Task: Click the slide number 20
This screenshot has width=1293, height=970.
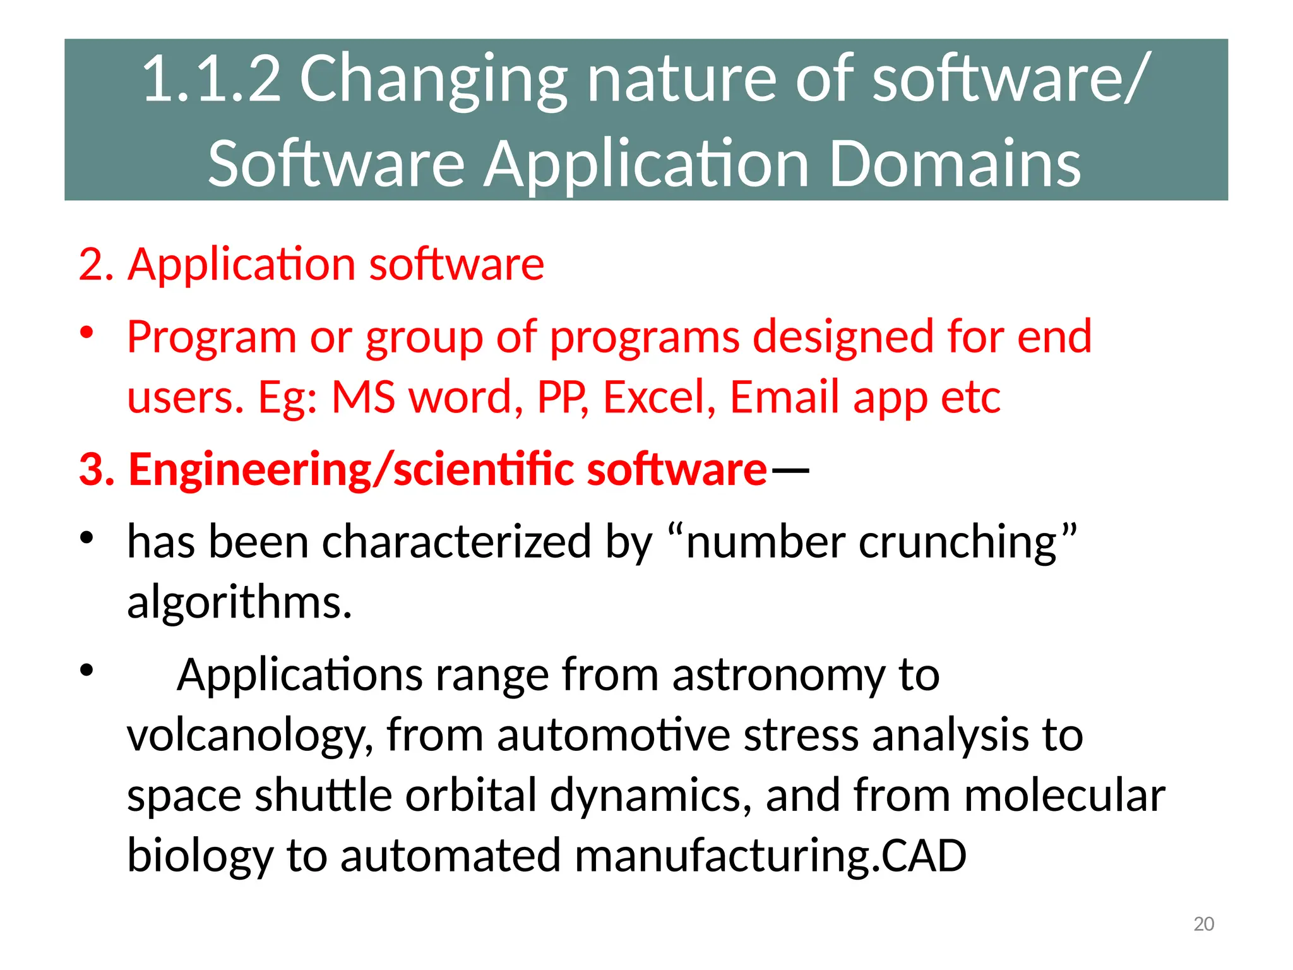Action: [x=1203, y=924]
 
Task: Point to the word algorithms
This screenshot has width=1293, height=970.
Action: [x=239, y=602]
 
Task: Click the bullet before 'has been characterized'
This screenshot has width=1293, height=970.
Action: [x=87, y=537]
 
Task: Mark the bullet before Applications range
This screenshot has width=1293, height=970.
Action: [x=87, y=670]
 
